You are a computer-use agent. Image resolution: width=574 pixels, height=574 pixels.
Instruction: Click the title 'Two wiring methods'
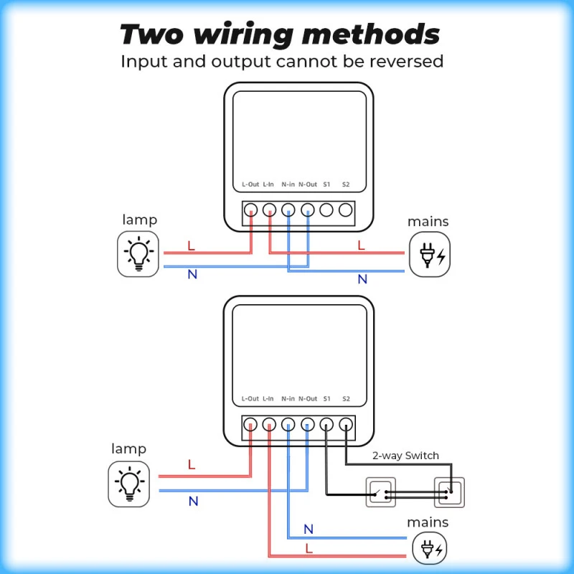click(x=280, y=34)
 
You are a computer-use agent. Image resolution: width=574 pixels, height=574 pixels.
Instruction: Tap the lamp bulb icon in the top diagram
click(x=138, y=254)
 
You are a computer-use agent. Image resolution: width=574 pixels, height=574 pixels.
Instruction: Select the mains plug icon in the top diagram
click(x=430, y=255)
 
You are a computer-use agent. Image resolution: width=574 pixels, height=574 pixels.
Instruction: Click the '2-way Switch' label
click(x=405, y=456)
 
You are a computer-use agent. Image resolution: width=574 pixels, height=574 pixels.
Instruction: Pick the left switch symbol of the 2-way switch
click(x=381, y=493)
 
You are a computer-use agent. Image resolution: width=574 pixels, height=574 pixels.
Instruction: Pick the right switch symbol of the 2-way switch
click(x=449, y=493)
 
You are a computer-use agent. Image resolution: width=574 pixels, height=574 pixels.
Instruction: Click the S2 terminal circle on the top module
click(x=346, y=210)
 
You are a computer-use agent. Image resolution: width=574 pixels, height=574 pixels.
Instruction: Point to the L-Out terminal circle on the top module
click(x=250, y=210)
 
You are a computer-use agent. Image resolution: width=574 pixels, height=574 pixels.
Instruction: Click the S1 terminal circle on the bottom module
click(x=326, y=424)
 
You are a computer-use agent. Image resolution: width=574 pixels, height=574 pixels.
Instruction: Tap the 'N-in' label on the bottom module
click(x=288, y=398)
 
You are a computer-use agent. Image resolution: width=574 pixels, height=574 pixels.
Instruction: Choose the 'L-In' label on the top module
click(x=268, y=184)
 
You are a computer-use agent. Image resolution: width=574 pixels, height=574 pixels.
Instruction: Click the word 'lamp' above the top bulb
click(x=139, y=220)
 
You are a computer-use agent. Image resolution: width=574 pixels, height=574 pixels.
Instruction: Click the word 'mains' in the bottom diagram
click(x=428, y=522)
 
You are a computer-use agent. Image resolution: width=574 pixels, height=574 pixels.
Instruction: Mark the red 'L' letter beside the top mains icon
click(x=361, y=245)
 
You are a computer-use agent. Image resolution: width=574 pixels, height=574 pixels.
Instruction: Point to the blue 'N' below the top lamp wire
click(x=192, y=274)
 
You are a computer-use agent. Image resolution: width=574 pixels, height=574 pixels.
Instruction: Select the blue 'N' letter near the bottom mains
click(x=309, y=530)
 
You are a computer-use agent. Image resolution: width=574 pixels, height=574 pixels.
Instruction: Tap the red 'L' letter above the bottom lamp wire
click(x=192, y=464)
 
